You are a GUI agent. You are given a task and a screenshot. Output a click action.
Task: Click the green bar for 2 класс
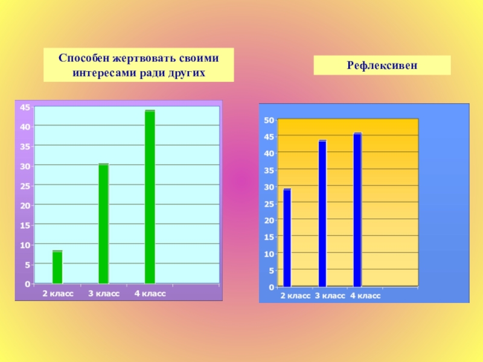[x=57, y=267]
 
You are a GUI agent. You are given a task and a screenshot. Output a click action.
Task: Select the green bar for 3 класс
[x=104, y=224]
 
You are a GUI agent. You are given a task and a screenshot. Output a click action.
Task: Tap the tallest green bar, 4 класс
[x=150, y=197]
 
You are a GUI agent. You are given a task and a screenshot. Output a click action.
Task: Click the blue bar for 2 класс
[x=287, y=238]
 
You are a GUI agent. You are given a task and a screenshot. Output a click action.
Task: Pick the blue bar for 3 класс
[x=322, y=214]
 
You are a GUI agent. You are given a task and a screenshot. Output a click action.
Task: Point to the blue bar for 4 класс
[x=357, y=210]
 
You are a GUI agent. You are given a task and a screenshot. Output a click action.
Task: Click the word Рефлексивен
[x=382, y=65]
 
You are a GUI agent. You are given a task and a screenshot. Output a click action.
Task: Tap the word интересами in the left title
[x=100, y=73]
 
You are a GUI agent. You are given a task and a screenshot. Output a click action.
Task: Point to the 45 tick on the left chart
[x=26, y=107]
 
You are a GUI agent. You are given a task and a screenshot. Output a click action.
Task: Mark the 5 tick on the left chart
[x=28, y=264]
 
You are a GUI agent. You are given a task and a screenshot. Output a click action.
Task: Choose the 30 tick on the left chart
[x=26, y=165]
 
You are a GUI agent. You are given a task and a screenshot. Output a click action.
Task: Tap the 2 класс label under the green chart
[x=57, y=293]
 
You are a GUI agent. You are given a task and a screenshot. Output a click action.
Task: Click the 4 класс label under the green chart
[x=150, y=293]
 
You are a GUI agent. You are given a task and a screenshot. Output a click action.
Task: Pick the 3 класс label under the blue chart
[x=330, y=296]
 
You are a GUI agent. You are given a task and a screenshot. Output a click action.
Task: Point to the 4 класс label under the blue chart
[x=365, y=296]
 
